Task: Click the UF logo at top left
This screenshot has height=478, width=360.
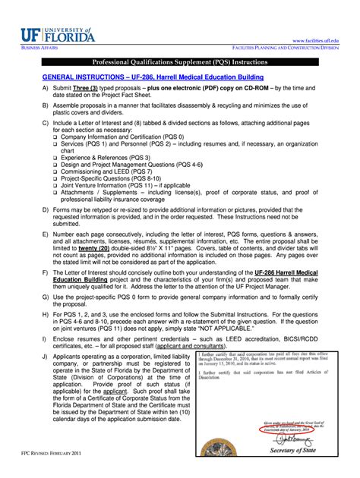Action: pyautogui.click(x=54, y=33)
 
